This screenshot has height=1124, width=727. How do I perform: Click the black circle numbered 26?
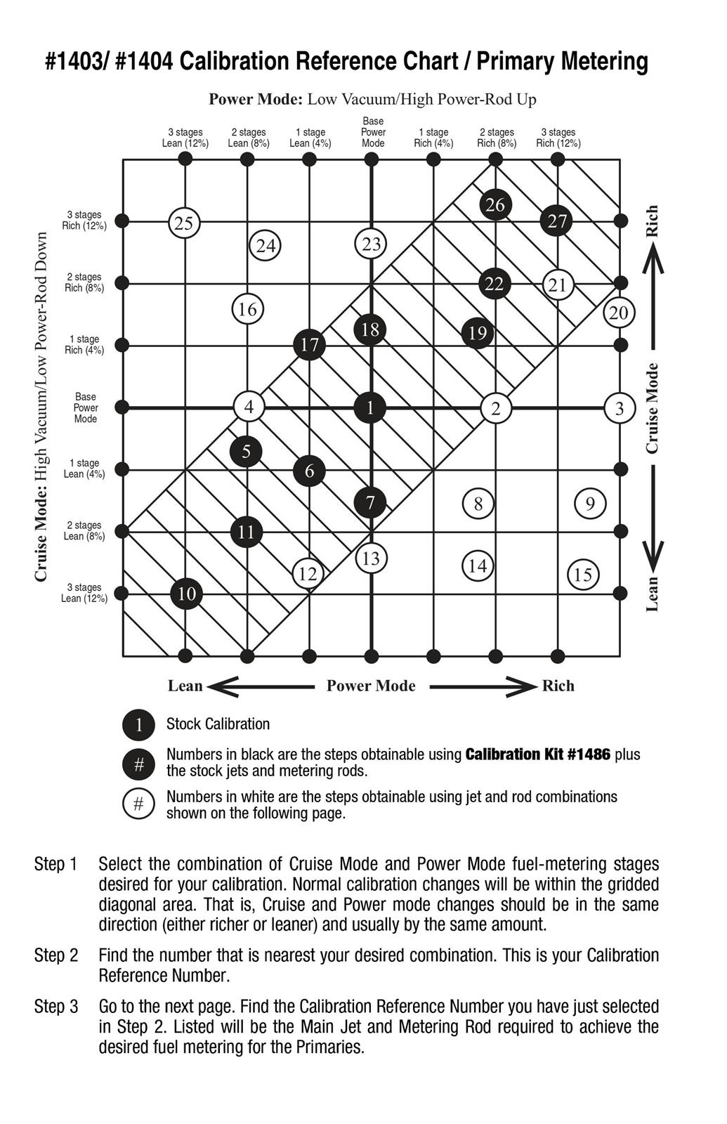tap(495, 205)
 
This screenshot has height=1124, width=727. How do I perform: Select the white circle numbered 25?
tap(184, 223)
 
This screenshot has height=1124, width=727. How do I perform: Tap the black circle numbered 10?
tap(187, 594)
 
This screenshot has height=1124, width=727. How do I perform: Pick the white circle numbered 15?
tap(583, 575)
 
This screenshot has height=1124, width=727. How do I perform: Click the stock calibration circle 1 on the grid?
tap(370, 407)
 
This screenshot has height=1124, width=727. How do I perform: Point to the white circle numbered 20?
tap(619, 313)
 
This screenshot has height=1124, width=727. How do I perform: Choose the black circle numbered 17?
tap(309, 345)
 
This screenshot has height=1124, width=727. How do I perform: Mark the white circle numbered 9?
tap(590, 503)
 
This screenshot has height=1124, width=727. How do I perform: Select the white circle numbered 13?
tap(371, 558)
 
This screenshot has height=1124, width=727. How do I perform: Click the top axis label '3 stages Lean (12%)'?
tap(185, 138)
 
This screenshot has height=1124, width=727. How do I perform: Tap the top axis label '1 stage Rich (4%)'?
tap(433, 138)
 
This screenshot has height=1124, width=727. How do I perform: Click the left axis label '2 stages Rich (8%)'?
tap(84, 282)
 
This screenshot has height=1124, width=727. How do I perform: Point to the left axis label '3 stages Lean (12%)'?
tap(84, 593)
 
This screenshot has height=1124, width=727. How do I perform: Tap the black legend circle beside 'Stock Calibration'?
tap(138, 725)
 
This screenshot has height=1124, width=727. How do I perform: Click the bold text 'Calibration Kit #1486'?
tap(537, 754)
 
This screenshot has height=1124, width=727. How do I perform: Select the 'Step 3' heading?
tap(56, 1007)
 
